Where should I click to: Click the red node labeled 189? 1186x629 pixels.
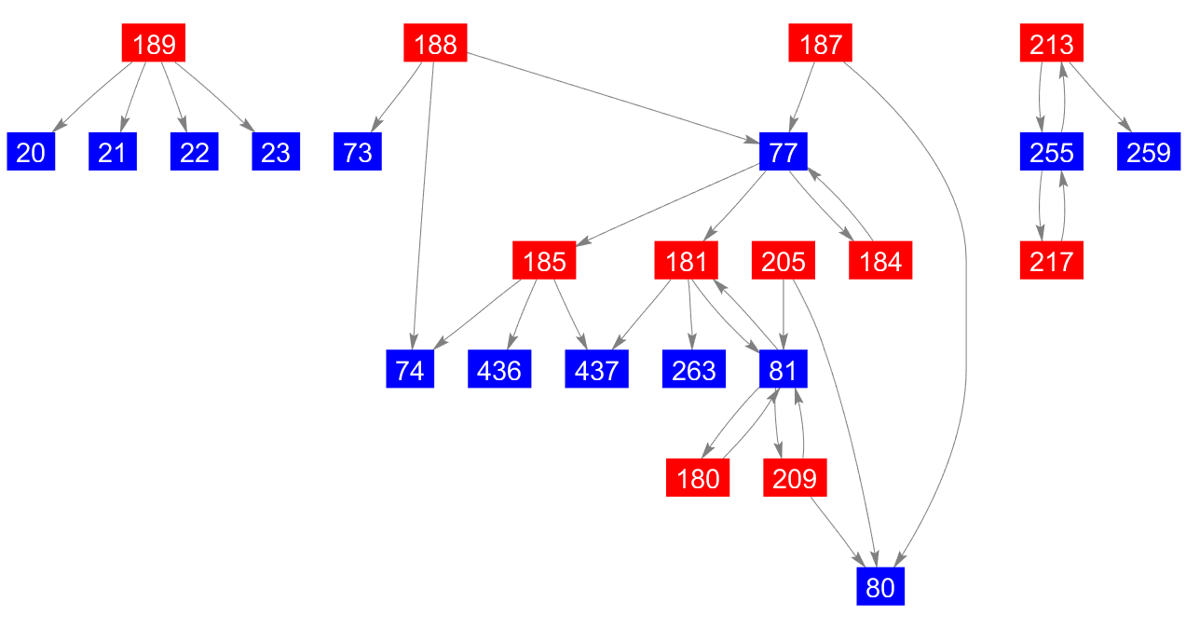click(154, 44)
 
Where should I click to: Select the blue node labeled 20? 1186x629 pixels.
click(31, 152)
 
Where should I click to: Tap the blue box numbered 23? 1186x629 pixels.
click(276, 152)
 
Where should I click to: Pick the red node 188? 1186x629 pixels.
click(435, 44)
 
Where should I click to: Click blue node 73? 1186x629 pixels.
click(358, 152)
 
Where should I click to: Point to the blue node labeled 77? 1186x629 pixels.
click(783, 152)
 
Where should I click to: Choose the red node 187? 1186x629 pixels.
click(820, 44)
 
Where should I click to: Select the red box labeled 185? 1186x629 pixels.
click(544, 262)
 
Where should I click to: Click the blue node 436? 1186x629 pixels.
click(499, 371)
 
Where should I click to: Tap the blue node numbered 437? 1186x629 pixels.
click(596, 371)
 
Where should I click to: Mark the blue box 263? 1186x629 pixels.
click(694, 371)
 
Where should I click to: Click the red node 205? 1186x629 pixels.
click(783, 262)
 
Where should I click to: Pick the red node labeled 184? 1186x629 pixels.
click(880, 262)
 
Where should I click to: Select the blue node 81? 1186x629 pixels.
click(783, 371)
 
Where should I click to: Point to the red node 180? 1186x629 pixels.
click(698, 480)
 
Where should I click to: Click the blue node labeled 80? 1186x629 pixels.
click(880, 588)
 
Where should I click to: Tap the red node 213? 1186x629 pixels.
click(1051, 44)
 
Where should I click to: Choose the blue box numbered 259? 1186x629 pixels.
click(1148, 152)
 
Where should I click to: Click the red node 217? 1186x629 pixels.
click(1051, 262)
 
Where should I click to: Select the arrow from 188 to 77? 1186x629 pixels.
click(615, 98)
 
